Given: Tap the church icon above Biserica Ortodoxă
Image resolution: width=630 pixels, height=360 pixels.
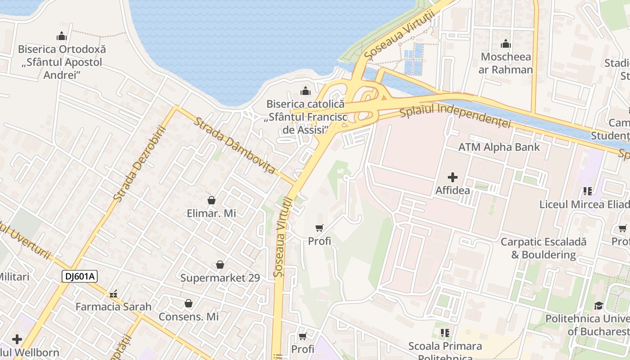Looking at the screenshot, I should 62,36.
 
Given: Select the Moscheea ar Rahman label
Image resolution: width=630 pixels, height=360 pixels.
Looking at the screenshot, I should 506,63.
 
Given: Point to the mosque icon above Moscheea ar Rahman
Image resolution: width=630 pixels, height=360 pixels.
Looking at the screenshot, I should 506,44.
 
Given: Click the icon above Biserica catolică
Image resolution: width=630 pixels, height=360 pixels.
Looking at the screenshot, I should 306,91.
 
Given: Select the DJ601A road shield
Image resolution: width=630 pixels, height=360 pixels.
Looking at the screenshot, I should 80,276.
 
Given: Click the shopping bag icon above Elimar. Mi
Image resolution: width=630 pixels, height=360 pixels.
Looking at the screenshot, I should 211,200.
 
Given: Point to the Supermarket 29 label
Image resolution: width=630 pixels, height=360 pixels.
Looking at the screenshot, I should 220,278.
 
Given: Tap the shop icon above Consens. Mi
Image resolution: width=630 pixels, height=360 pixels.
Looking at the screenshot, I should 188,304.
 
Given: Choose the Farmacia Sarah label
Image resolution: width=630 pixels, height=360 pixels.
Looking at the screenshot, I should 113,307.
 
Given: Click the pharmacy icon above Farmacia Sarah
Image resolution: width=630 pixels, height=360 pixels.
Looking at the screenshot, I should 113,294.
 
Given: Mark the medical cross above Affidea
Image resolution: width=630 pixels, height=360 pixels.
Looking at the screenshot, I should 452,177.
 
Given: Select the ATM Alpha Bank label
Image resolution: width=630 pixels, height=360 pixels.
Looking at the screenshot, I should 499,147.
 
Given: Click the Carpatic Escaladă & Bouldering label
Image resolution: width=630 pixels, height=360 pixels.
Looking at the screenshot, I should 544,248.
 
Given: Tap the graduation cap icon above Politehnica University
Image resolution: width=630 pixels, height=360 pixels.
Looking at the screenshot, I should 598,306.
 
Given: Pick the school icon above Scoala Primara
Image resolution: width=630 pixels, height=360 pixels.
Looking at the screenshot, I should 445,333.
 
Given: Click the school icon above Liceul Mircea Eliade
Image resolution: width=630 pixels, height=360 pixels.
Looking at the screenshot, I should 587,191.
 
